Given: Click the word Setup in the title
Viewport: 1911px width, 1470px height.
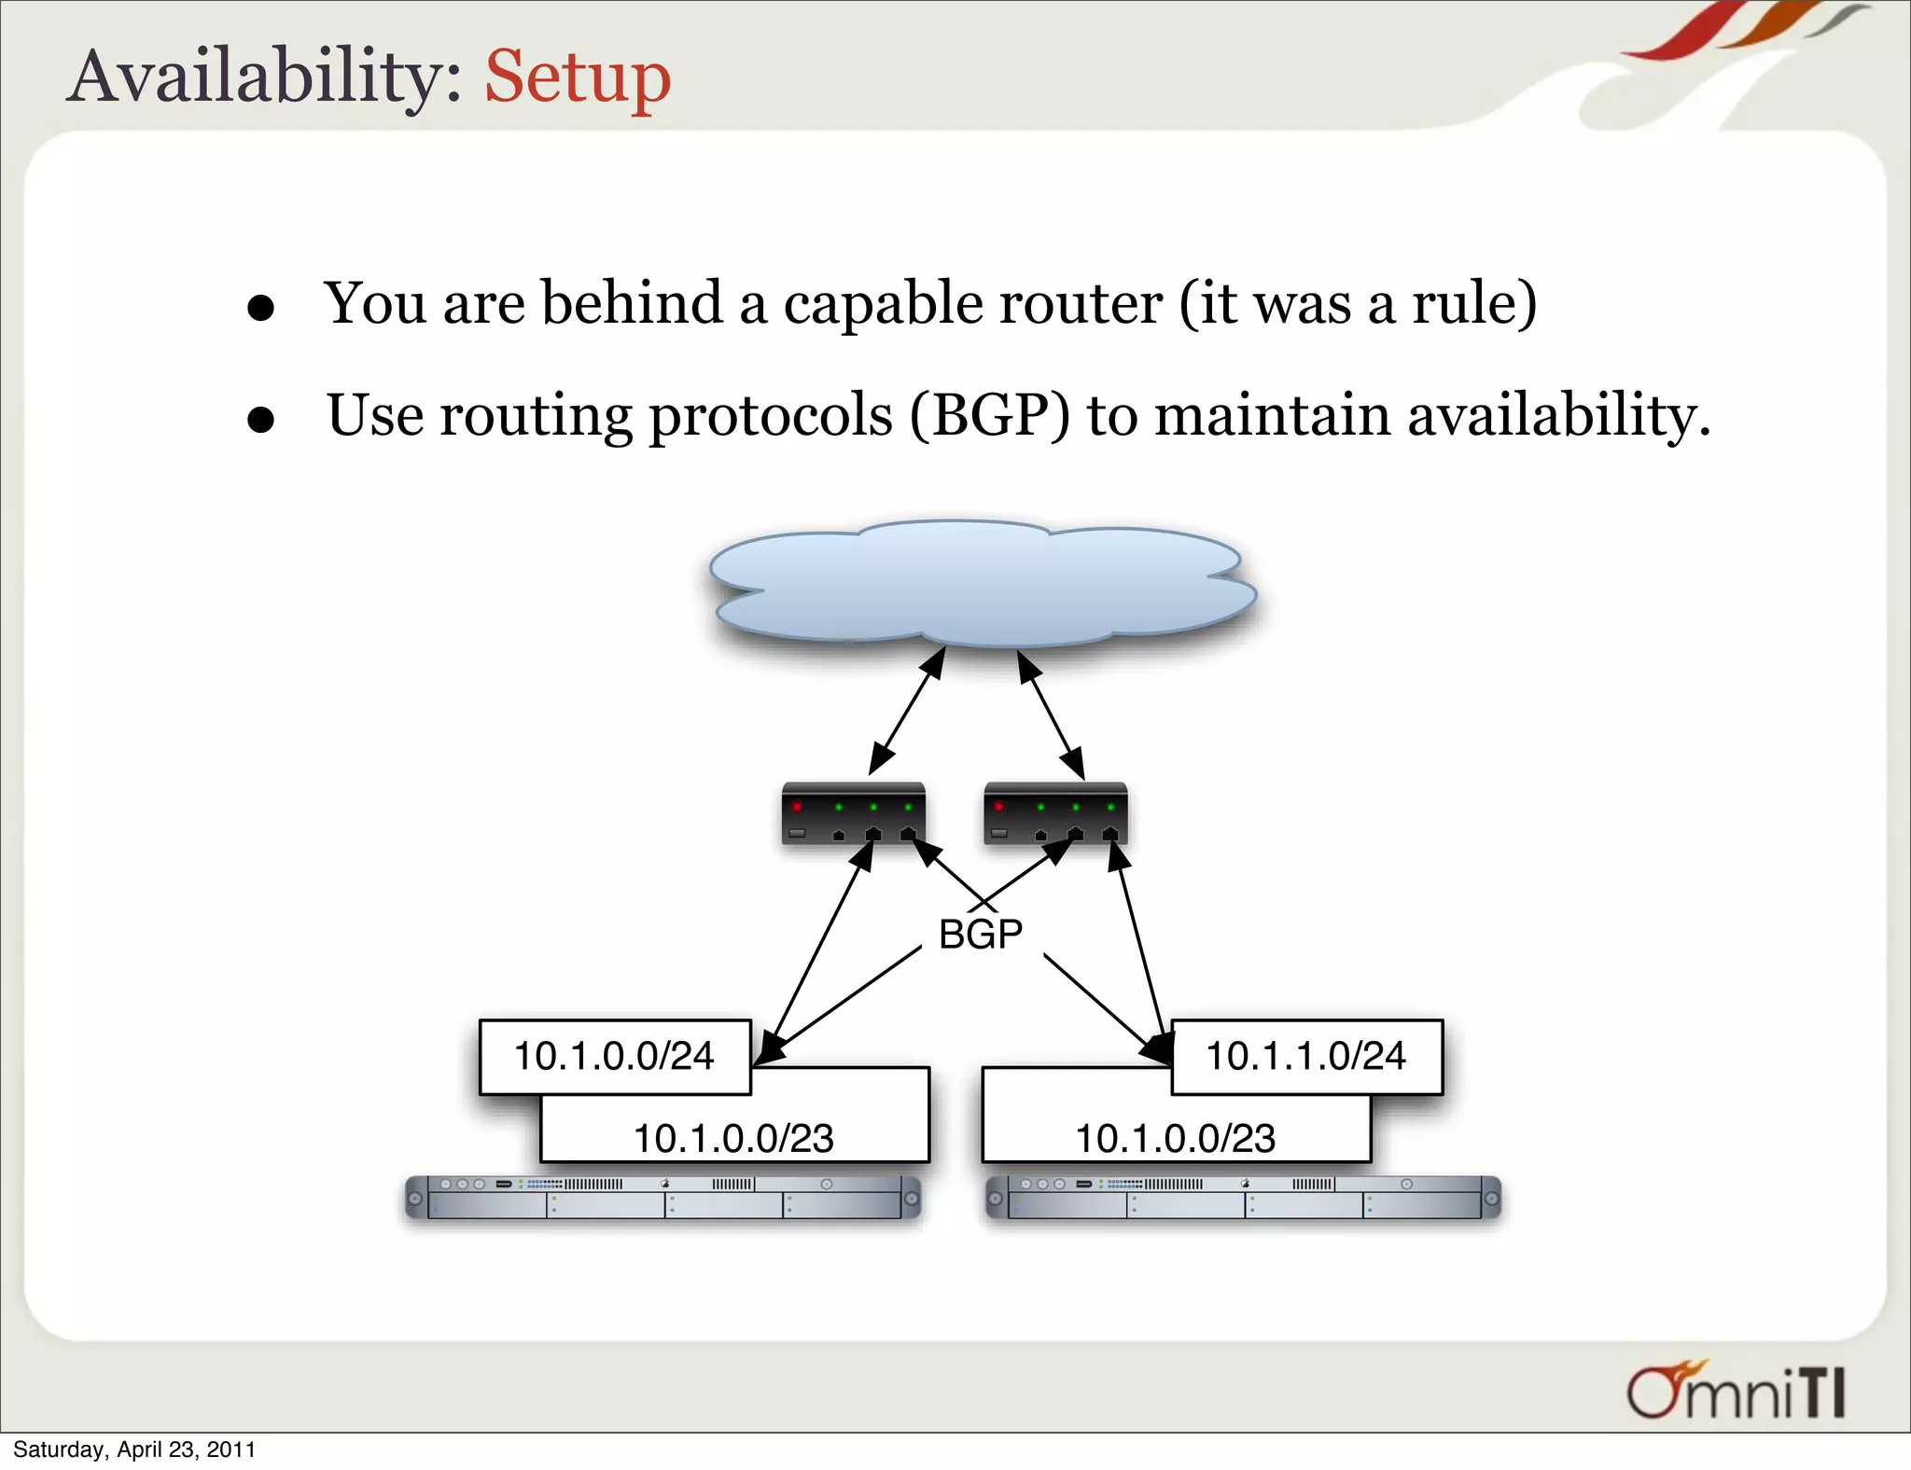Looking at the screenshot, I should [x=578, y=76].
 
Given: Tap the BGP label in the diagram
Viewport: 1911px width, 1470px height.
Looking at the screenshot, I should [x=980, y=934].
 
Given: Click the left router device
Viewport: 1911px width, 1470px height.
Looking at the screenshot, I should [x=853, y=814].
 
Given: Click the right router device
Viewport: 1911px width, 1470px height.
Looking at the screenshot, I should [x=1055, y=814].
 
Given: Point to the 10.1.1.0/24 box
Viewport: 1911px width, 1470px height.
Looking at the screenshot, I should [x=1306, y=1056].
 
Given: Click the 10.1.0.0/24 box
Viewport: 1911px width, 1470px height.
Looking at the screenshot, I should [x=614, y=1056].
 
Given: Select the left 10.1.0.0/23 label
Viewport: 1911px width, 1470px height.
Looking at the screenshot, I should [x=733, y=1138].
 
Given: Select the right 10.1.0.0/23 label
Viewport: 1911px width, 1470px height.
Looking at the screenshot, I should [x=1175, y=1138].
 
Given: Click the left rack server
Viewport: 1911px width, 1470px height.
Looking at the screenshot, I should [x=663, y=1198].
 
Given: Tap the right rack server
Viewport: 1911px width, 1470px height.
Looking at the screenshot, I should [x=1243, y=1198].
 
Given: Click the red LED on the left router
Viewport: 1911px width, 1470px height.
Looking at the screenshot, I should [x=797, y=806].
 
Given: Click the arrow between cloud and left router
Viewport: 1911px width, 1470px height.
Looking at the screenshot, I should [x=906, y=712].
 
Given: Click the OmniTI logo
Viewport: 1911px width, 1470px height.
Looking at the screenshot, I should [x=1736, y=1392].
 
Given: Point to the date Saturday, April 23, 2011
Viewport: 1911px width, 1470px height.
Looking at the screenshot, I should [x=134, y=1449].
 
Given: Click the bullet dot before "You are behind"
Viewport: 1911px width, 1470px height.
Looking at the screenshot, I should [x=261, y=308].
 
